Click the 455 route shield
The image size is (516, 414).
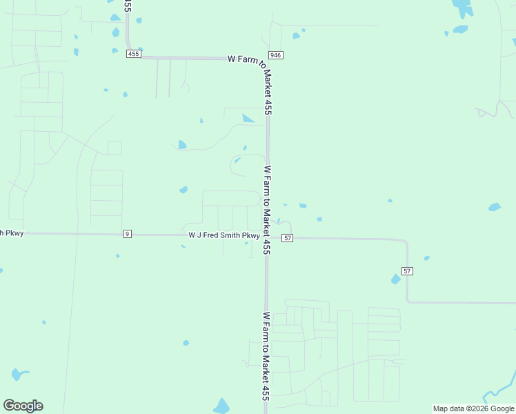(134, 54)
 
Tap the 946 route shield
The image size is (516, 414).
(276, 55)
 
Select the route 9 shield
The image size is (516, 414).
(127, 234)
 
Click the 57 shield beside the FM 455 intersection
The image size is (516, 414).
(288, 237)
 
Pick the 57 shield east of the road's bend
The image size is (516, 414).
(408, 271)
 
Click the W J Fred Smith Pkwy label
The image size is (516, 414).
(224, 235)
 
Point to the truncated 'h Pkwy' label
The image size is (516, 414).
(12, 233)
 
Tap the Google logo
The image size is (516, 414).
(23, 405)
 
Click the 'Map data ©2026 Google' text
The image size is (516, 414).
(473, 408)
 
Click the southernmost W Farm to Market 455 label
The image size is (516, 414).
(265, 356)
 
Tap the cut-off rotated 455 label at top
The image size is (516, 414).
(128, 6)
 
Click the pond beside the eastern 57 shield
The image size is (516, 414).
(395, 279)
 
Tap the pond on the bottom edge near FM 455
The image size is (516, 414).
(221, 407)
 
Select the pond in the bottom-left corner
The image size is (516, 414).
(18, 375)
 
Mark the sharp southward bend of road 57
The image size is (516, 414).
(406, 241)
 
